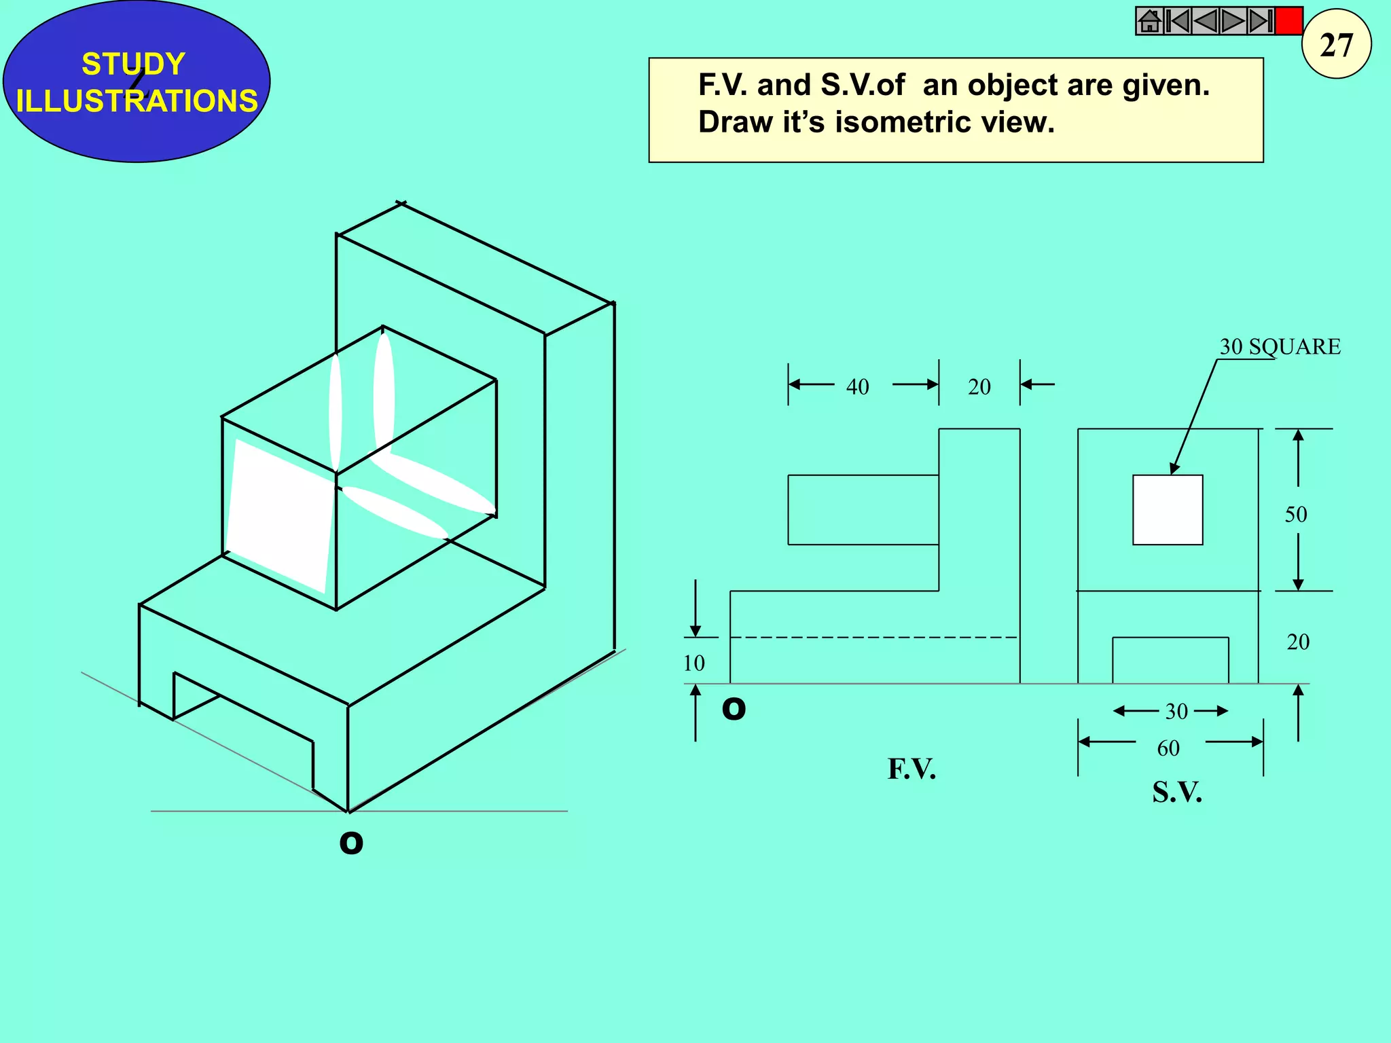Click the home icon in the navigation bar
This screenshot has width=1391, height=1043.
click(x=1149, y=21)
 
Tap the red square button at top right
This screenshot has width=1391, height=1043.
click(x=1288, y=21)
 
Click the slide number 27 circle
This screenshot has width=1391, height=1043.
click(x=1336, y=45)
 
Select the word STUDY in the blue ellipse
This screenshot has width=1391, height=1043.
click(x=133, y=65)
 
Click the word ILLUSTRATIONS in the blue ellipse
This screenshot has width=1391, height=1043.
click(x=137, y=101)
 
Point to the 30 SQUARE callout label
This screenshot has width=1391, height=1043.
click(x=1280, y=347)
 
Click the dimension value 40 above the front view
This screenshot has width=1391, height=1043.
click(x=857, y=387)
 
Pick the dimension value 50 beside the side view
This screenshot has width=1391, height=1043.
click(x=1295, y=515)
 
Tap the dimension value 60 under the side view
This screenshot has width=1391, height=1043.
click(x=1168, y=748)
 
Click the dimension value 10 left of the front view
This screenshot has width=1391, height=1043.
click(x=693, y=663)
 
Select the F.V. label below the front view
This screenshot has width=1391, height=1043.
click(x=911, y=769)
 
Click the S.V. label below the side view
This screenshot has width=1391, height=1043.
click(x=1176, y=792)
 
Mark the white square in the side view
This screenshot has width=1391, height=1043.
click(x=1168, y=510)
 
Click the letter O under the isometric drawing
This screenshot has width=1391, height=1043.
click(x=351, y=843)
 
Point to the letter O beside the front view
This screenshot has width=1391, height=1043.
click(x=734, y=709)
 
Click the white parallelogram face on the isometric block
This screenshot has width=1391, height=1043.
click(x=279, y=515)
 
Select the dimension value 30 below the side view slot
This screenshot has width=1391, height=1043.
click(x=1176, y=712)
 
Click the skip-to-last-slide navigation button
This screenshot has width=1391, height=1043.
click(x=1261, y=21)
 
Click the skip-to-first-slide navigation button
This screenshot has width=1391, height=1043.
click(x=1177, y=21)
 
